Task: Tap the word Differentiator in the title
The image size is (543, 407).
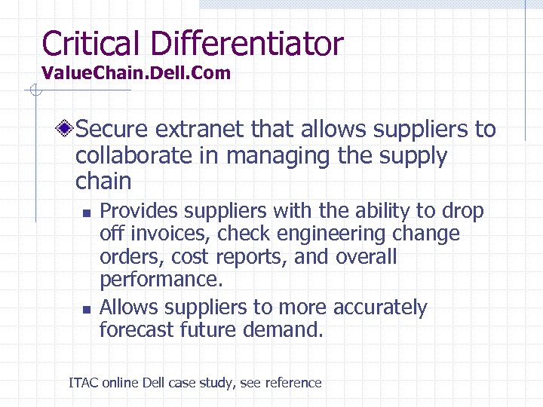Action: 247,43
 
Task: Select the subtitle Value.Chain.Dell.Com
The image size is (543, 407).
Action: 137,73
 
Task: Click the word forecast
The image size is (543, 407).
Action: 137,329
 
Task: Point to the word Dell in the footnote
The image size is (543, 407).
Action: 153,383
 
